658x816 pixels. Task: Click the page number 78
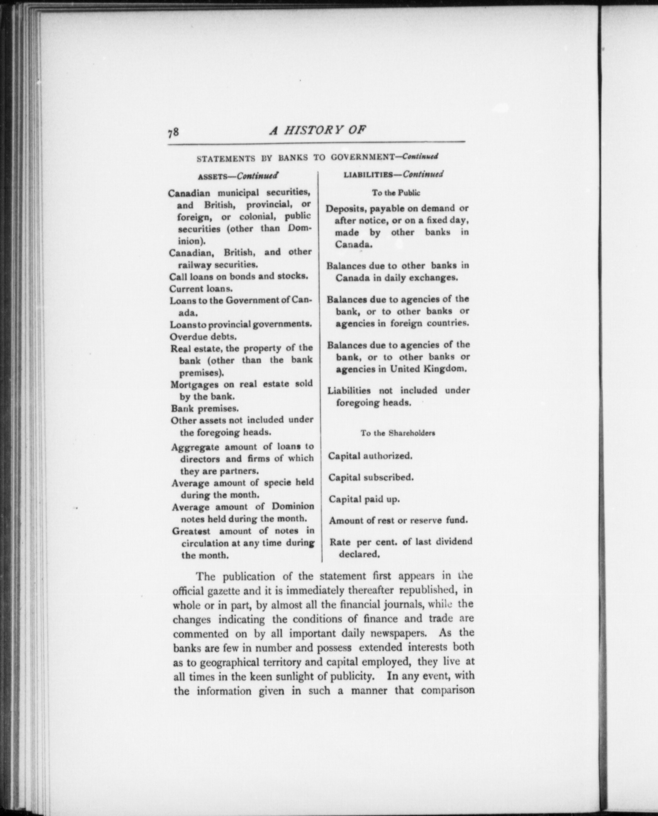point(173,132)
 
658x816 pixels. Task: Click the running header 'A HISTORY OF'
point(317,130)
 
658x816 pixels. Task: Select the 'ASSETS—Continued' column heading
point(238,176)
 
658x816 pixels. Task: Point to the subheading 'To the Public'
point(396,192)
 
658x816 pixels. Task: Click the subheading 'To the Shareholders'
point(398,433)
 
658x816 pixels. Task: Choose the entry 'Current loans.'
point(201,289)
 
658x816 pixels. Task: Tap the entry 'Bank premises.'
point(205,408)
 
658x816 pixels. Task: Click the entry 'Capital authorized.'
point(370,456)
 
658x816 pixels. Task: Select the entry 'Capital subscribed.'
point(371,478)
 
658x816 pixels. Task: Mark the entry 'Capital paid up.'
point(364,499)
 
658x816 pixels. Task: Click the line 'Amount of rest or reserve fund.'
point(399,520)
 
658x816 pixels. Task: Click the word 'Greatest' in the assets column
point(191,531)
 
